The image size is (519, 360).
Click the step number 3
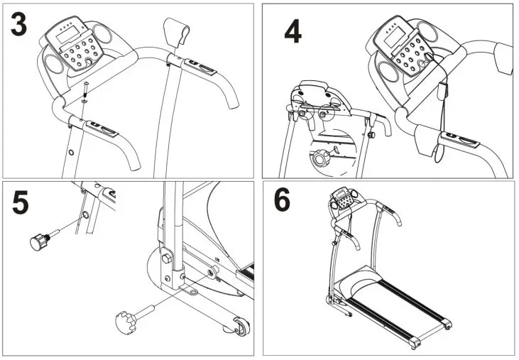coord(19,25)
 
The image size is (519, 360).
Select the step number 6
coord(282,201)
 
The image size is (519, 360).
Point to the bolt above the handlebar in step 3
coord(84,89)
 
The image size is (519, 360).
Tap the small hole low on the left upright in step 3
coord(71,152)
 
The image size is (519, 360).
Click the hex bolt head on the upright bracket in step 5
coord(212,271)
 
